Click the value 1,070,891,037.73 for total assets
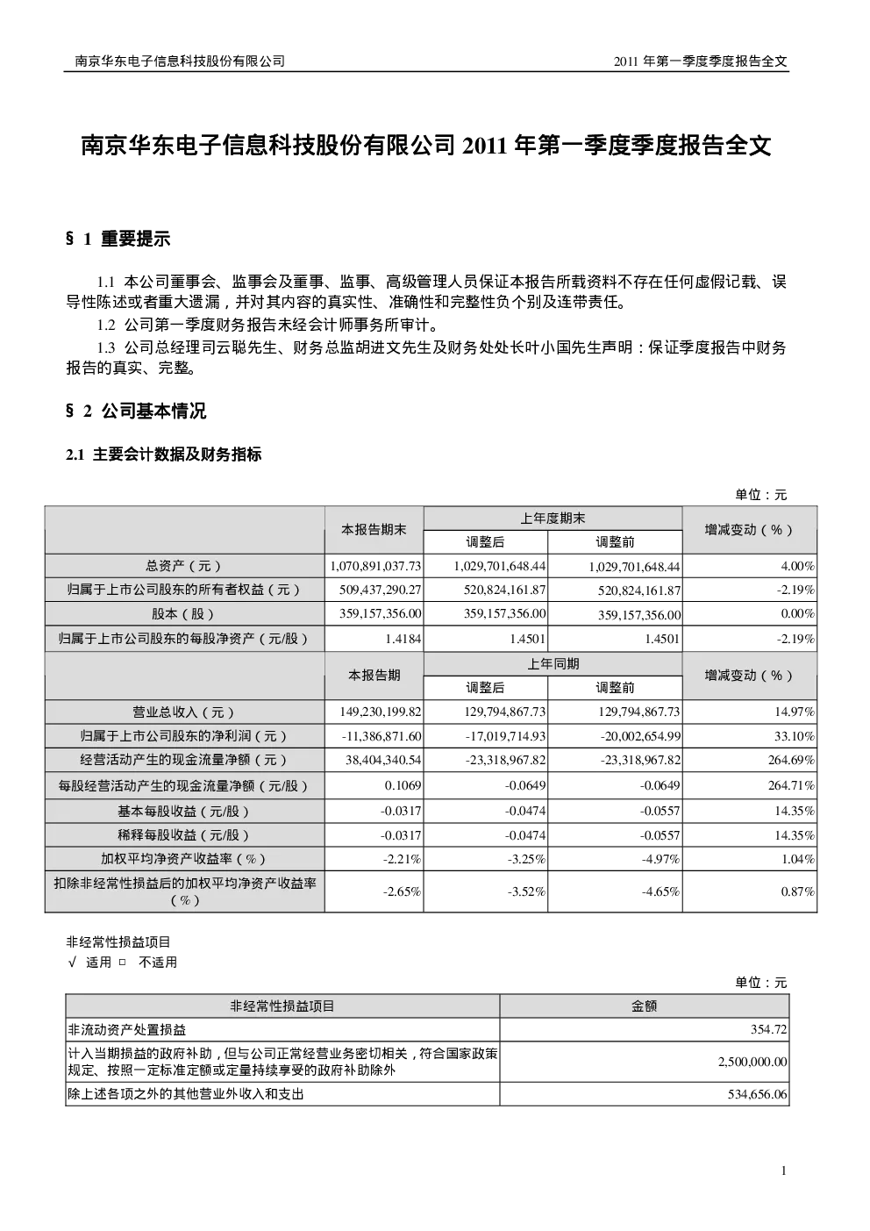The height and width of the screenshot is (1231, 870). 375,566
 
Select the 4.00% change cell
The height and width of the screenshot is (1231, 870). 797,566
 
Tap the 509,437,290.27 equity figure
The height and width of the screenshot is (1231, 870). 380,590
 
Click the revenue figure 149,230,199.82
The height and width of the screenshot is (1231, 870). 380,712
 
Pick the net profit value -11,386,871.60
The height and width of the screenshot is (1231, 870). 382,736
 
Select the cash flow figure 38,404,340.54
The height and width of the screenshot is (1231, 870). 383,760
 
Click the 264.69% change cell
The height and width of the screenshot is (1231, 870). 791,760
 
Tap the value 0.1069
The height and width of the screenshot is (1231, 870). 403,786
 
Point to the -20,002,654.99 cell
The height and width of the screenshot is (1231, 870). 640,736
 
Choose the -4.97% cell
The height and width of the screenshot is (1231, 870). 660,859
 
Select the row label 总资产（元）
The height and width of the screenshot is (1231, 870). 184,566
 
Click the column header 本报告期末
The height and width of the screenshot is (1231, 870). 374,530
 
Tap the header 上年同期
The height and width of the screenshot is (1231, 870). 553,664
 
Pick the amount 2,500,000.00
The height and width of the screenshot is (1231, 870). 752,1062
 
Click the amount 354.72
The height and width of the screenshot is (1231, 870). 769,1029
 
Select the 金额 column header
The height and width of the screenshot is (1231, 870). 645,1006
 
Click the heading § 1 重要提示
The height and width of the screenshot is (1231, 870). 118,239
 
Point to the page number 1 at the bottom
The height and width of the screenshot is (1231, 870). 784,1170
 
